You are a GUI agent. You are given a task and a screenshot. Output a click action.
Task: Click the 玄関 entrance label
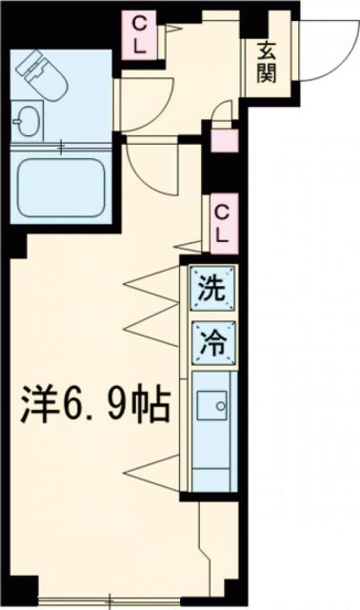click(266, 63)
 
